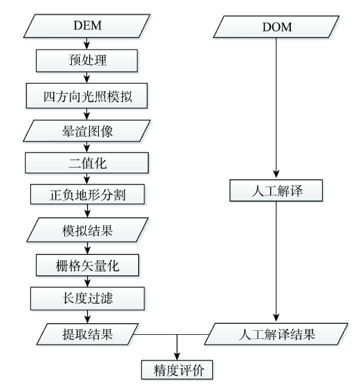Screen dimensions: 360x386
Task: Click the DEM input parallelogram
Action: point(87,26)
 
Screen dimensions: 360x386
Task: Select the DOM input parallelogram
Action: point(276,27)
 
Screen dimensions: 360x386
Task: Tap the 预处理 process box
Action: point(87,61)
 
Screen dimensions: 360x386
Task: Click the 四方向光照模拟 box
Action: point(87,96)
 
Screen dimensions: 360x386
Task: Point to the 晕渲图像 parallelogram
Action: point(87,131)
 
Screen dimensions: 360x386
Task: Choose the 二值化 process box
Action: point(87,163)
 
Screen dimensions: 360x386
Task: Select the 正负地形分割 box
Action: point(88,195)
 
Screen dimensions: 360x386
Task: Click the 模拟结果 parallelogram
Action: point(88,230)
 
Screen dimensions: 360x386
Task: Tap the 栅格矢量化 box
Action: point(88,265)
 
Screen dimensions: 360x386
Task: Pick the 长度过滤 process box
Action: point(88,298)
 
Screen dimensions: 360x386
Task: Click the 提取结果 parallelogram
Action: point(88,334)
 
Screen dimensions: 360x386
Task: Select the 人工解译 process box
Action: point(276,191)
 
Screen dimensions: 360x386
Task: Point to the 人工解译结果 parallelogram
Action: point(276,334)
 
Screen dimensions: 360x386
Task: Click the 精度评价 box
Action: point(177,370)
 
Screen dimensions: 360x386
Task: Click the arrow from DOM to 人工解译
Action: point(276,108)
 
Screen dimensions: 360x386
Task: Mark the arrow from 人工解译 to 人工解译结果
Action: point(276,262)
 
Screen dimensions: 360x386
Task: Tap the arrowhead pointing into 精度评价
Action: point(177,356)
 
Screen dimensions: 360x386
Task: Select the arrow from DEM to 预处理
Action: point(87,44)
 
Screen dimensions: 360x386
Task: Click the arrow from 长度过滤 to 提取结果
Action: point(88,317)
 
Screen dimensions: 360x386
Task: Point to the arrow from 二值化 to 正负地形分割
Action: point(87,179)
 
